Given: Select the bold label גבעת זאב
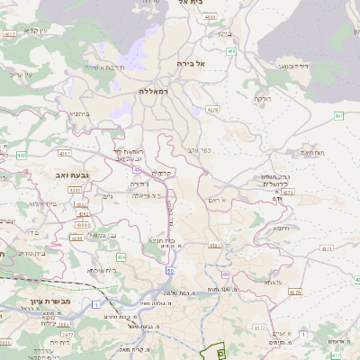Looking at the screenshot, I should [69, 175].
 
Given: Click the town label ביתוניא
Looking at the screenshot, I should [79, 113].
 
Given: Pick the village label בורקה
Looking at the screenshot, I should [261, 98].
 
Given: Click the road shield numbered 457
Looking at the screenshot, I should [338, 116].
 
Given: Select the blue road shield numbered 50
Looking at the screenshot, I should [169, 271].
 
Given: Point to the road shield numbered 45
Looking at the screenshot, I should [137, 168].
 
